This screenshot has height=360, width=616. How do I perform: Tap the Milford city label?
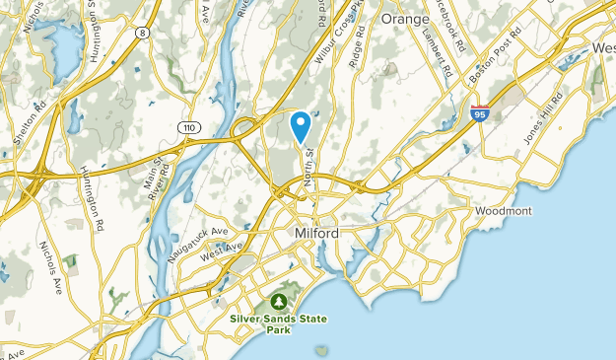316,234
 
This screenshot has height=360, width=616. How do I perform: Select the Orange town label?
405,19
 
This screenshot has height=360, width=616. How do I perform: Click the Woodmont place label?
504,211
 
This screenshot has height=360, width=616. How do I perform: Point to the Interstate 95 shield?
480,114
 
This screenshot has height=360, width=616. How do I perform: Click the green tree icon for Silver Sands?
280,300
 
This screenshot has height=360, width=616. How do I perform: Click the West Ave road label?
221,253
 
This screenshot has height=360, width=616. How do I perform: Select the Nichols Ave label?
50,267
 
